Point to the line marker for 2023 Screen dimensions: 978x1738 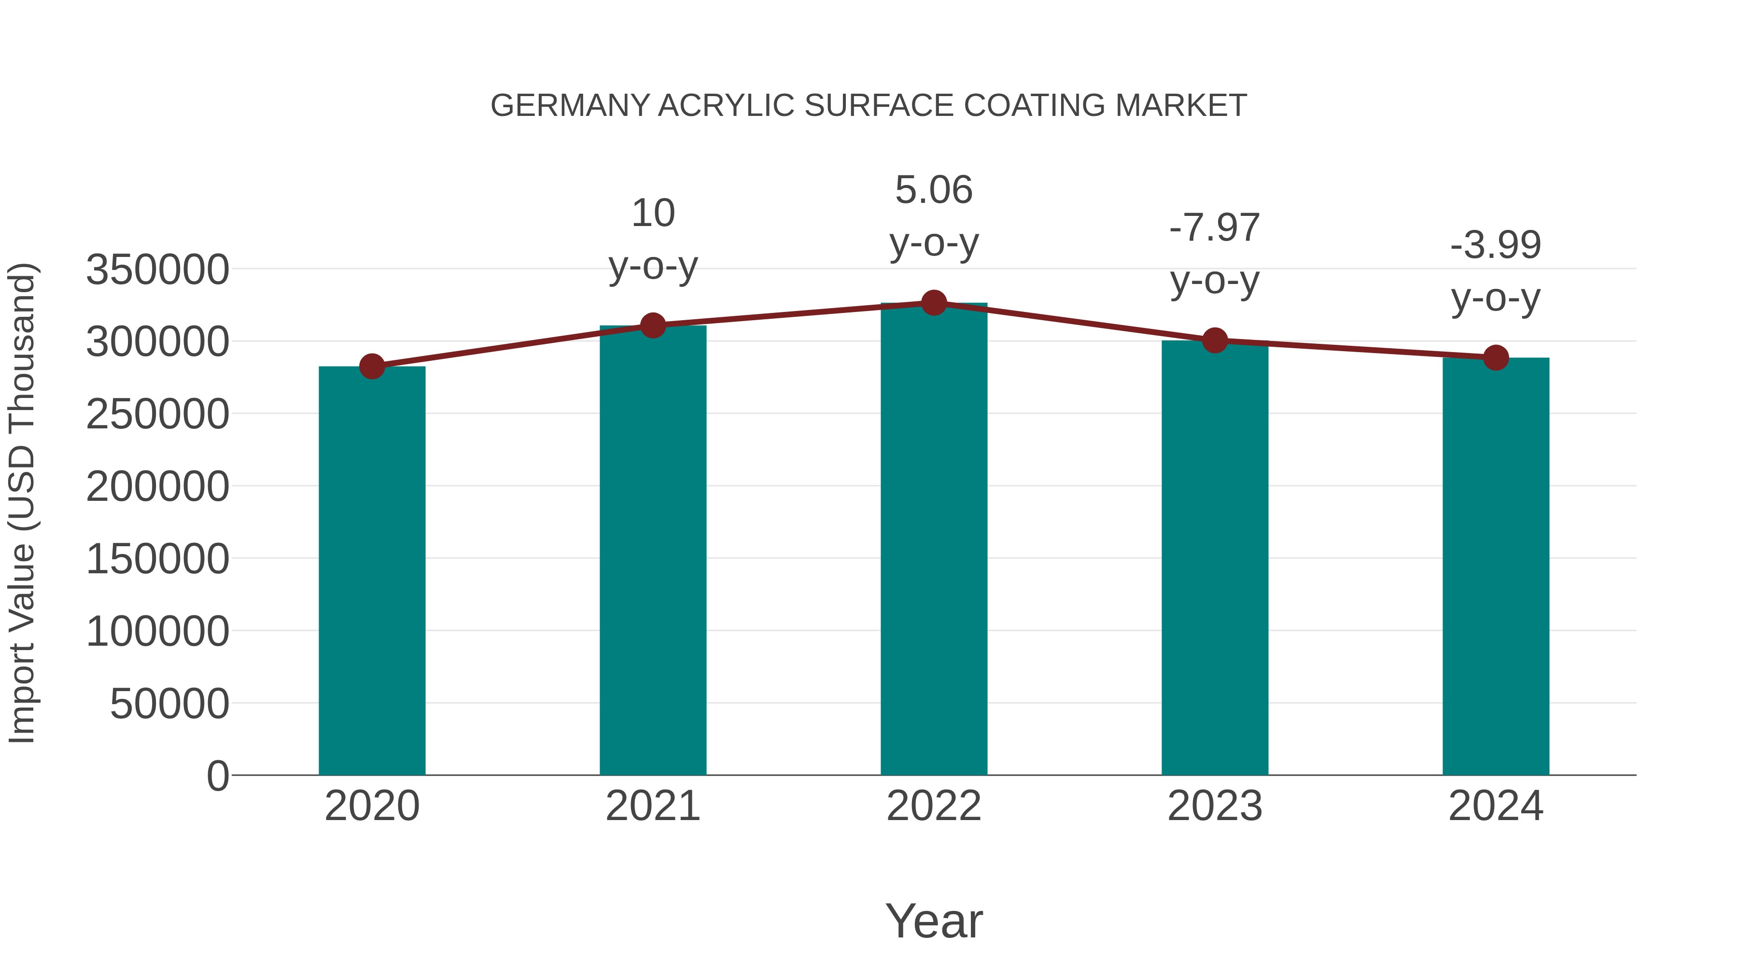pos(1215,341)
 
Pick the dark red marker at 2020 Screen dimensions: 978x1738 pos(372,367)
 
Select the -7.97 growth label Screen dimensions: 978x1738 pos(1215,227)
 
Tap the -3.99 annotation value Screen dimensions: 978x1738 pos(1496,244)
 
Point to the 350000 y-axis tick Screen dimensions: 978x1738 pos(157,270)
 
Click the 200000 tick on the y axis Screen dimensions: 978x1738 pos(157,487)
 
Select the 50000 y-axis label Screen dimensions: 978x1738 pos(169,704)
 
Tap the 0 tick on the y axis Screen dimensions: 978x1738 pos(218,776)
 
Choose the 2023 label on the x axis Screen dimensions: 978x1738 pos(1215,806)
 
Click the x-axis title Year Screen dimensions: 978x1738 pos(934,921)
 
